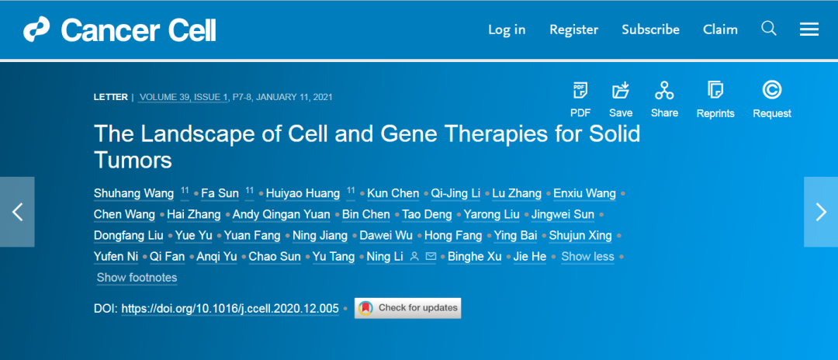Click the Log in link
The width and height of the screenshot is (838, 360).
[x=507, y=29]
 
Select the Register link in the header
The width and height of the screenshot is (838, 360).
[x=574, y=29]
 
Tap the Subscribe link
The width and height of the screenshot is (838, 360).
[x=650, y=29]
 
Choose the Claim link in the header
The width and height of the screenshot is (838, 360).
[x=720, y=29]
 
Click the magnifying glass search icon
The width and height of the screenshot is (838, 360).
[x=768, y=29]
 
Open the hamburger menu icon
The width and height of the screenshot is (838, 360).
[x=809, y=29]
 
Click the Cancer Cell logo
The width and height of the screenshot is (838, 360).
[x=119, y=29]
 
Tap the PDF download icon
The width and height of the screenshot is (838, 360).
[x=580, y=91]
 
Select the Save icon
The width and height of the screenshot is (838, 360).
[x=621, y=91]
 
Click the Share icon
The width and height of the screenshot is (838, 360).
[x=664, y=91]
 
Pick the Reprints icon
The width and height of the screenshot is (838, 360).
[x=715, y=91]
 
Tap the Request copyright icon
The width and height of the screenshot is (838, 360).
[x=772, y=90]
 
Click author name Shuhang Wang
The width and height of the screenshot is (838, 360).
[x=133, y=193]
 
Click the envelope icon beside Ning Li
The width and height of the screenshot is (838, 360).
[x=431, y=257]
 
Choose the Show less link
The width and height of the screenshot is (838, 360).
[x=587, y=257]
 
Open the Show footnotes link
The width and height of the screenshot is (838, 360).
[x=137, y=278]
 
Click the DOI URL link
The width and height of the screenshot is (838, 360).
[x=230, y=308]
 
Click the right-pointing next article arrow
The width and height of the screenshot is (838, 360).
[x=821, y=212]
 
